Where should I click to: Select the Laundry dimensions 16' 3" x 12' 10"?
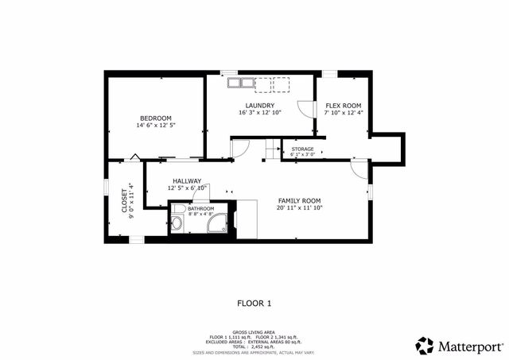pos(260,113)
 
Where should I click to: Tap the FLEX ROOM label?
pos(343,106)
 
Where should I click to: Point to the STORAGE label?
pos(302,149)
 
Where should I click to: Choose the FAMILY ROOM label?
pos(299,200)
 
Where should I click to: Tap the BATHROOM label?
pos(189,208)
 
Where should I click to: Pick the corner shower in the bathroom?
pos(216,223)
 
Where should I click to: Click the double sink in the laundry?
pos(240,82)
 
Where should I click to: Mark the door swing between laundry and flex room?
pos(305,110)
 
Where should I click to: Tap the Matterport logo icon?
pos(425,346)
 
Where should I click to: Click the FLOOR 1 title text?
pos(254,303)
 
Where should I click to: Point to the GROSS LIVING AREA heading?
pos(254,332)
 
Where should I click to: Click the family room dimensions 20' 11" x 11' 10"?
pos(299,208)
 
